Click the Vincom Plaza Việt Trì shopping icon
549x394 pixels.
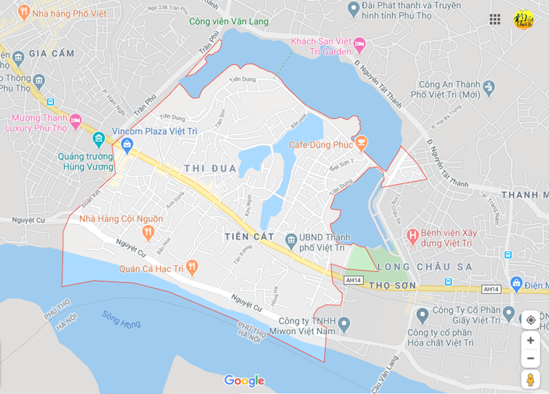pos(127,144)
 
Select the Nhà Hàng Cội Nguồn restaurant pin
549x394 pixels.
pos(148,233)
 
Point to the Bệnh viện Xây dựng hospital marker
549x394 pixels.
pos(411,237)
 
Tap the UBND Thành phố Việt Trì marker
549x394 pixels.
pos(291,240)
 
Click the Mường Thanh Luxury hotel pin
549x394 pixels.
pos(76,121)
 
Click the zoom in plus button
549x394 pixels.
pos(531,341)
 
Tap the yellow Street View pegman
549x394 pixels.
pos(531,379)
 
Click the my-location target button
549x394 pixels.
pos(531,320)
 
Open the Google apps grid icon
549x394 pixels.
pos(495,19)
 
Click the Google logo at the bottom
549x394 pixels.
pos(244,380)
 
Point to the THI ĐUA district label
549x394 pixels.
pos(210,169)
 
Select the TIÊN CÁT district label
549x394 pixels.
pos(249,236)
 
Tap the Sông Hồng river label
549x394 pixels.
pos(121,319)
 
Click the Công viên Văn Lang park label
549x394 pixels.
pos(229,22)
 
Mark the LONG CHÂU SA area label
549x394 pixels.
pos(424,267)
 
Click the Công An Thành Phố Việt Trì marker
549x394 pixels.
pos(489,87)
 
